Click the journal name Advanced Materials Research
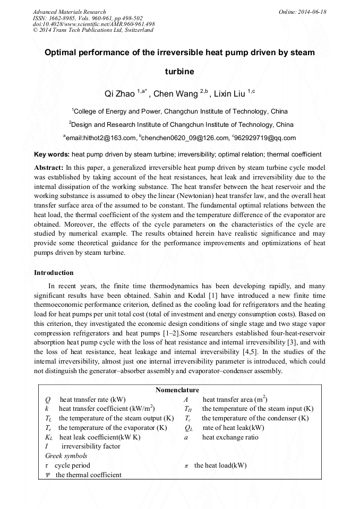click(x=70, y=12)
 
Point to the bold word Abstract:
click(x=49, y=167)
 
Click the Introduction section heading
click(x=54, y=273)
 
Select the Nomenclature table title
click(x=177, y=390)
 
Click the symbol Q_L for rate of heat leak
click(x=188, y=428)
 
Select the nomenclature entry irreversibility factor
click(x=91, y=446)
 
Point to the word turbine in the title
click(x=179, y=71)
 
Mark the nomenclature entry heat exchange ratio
click(x=230, y=437)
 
